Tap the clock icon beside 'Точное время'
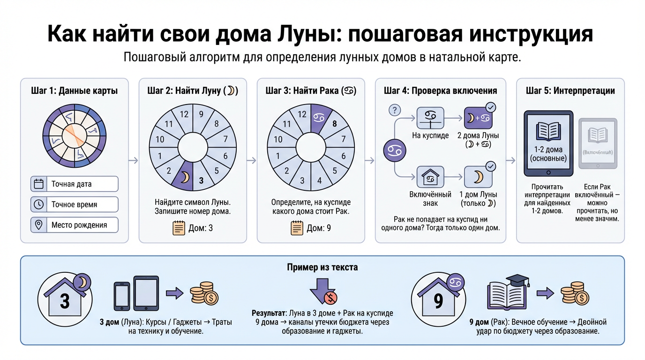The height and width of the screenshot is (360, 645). coord(38,204)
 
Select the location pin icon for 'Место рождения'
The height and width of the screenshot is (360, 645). coord(38,225)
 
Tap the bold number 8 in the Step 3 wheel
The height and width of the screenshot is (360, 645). coord(334,124)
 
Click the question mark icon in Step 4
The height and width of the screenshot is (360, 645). coord(395,111)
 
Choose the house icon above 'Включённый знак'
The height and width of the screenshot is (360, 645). coord(430,178)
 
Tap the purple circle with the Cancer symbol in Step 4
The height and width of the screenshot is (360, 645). coord(395,151)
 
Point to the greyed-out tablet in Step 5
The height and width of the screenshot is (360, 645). coord(598,143)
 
